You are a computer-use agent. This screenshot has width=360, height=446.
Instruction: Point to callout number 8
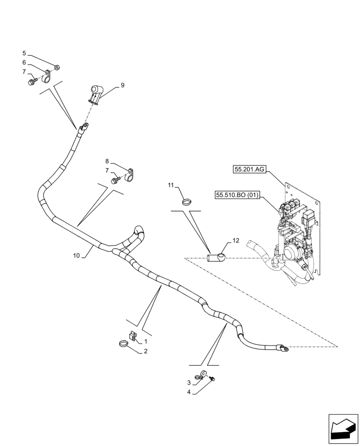point(107,161)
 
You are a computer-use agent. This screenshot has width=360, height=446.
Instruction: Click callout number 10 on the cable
point(76,256)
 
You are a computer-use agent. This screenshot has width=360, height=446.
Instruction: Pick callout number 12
point(235,241)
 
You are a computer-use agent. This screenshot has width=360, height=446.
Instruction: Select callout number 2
point(145,351)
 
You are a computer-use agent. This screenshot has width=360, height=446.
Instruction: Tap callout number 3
point(189,383)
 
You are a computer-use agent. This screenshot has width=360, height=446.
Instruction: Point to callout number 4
point(189,392)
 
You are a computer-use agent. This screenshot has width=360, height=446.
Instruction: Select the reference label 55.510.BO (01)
point(238,195)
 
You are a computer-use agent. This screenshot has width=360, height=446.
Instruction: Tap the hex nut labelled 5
point(57,68)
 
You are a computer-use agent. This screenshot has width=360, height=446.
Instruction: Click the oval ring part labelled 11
point(188,201)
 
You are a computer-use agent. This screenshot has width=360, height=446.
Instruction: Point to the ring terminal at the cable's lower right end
point(282,348)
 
